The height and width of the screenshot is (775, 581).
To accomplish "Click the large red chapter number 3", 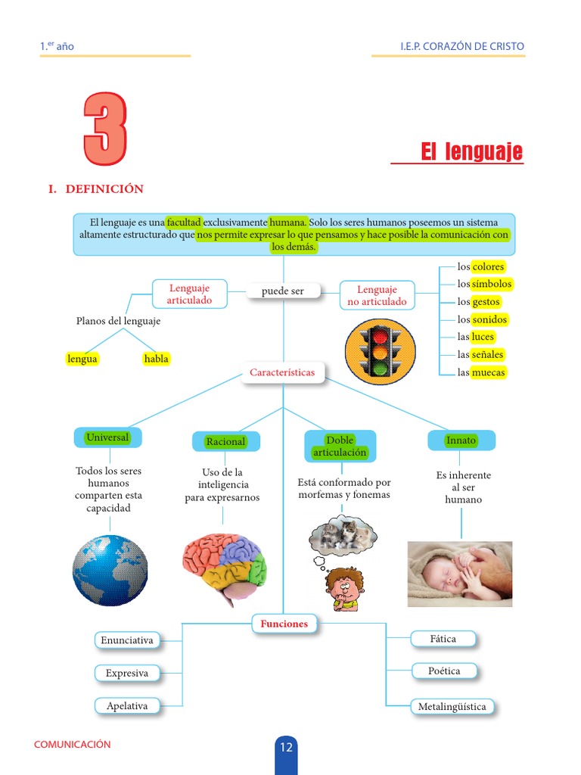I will pyautogui.click(x=105, y=129).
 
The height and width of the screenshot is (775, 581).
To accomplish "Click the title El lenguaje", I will pyautogui.click(x=471, y=152).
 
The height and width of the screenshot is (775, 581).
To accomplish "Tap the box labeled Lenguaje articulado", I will pyautogui.click(x=189, y=294).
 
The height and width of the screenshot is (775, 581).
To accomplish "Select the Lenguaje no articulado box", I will pyautogui.click(x=377, y=295).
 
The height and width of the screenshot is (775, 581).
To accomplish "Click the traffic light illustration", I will pyautogui.click(x=380, y=351).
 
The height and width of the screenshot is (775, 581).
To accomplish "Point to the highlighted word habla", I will pyautogui.click(x=156, y=359).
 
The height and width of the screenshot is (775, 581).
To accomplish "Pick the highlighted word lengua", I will pyautogui.click(x=82, y=359).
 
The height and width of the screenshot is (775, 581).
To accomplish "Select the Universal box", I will pyautogui.click(x=107, y=437).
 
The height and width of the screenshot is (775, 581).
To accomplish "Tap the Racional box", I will pyautogui.click(x=225, y=441).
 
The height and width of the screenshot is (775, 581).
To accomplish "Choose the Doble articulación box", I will pyautogui.click(x=340, y=446).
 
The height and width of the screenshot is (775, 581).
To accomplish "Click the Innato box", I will pyautogui.click(x=461, y=440).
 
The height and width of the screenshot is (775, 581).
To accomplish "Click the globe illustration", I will pyautogui.click(x=110, y=570).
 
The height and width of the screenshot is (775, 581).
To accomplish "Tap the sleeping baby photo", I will pyautogui.click(x=460, y=574).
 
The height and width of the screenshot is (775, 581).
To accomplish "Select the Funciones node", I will pyautogui.click(x=284, y=624).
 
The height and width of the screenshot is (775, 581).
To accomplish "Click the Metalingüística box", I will pyautogui.click(x=452, y=707).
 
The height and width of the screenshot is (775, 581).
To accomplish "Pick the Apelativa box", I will pyautogui.click(x=127, y=705).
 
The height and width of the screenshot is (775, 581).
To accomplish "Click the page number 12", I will pyautogui.click(x=286, y=748).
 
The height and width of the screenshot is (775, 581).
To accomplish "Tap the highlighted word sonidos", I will pyautogui.click(x=489, y=319).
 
